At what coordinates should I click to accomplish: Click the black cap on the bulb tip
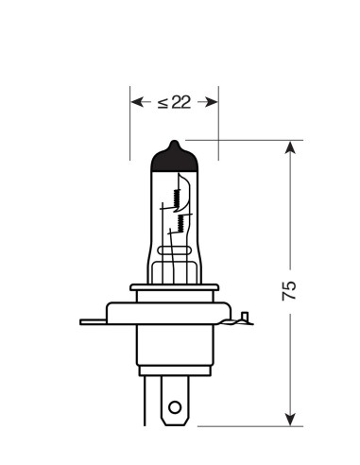(x=174, y=158)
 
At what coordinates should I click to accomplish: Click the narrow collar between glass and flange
(x=174, y=291)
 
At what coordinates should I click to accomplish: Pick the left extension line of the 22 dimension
(x=129, y=123)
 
